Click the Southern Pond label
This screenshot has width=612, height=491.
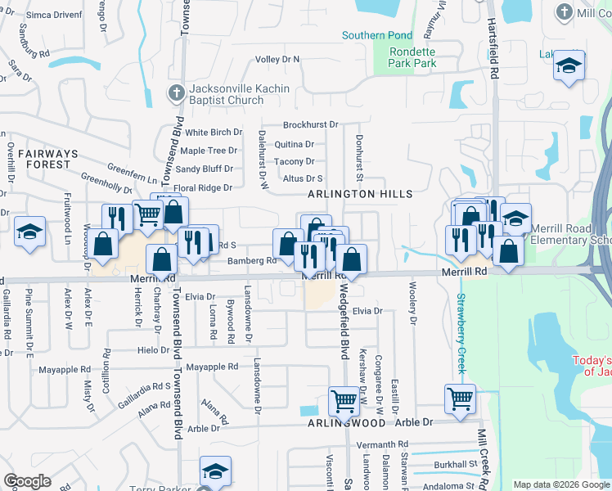(376, 35)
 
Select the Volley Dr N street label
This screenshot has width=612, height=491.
(277, 60)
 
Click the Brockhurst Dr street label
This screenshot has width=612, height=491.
(310, 124)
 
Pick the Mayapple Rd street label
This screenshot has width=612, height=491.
(212, 367)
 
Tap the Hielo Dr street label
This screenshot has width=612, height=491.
(153, 349)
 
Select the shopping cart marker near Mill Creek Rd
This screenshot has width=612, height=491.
(460, 398)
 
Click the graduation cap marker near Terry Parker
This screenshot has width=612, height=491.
(214, 471)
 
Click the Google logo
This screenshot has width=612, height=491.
(27, 481)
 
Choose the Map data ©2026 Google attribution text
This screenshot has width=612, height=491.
(560, 484)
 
